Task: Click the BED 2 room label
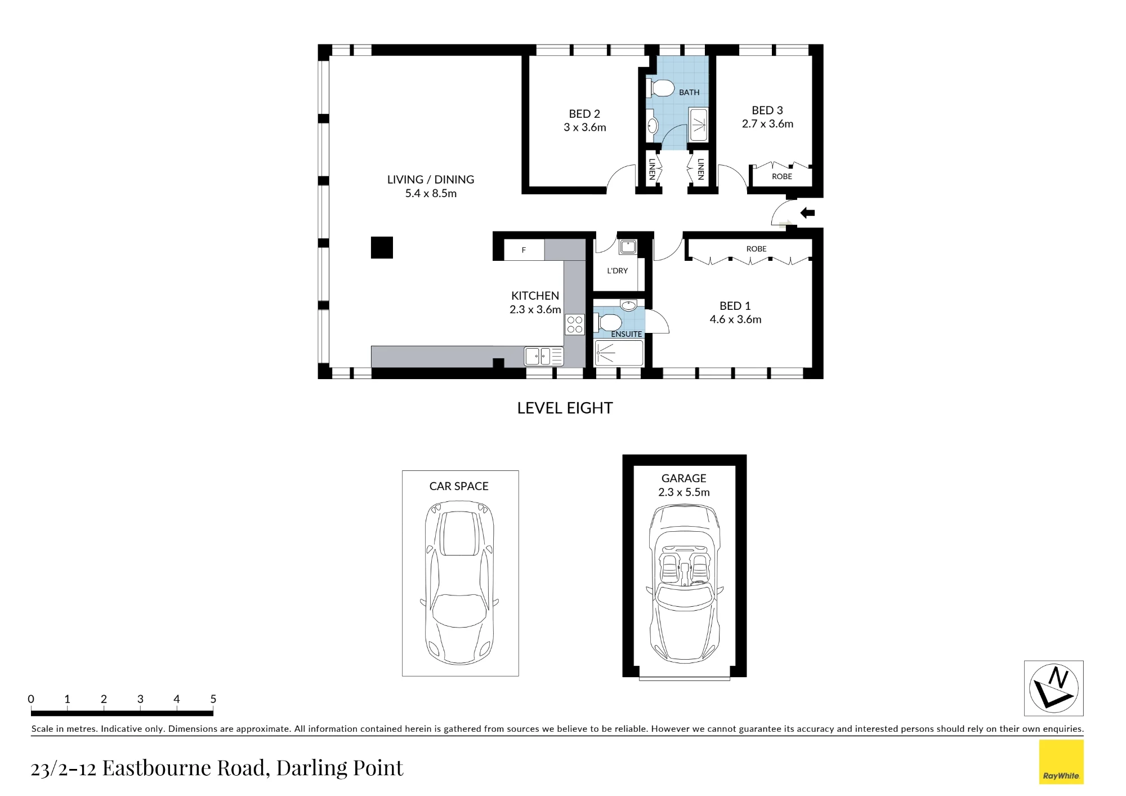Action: (584, 114)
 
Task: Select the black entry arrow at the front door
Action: (807, 213)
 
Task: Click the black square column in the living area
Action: (382, 247)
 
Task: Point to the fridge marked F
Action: (524, 250)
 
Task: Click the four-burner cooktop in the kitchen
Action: (575, 324)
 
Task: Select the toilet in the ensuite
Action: (608, 323)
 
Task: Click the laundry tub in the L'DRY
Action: (628, 247)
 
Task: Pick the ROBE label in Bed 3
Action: (781, 176)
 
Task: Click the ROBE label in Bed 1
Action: (756, 248)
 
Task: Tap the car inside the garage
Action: (685, 584)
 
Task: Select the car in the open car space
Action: (459, 582)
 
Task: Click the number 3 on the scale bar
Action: (140, 699)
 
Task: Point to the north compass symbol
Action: (1053, 688)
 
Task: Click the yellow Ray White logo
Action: (1061, 762)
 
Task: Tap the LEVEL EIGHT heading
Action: (565, 408)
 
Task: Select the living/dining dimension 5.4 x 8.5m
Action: (431, 193)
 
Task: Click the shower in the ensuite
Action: (619, 353)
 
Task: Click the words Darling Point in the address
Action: (339, 768)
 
